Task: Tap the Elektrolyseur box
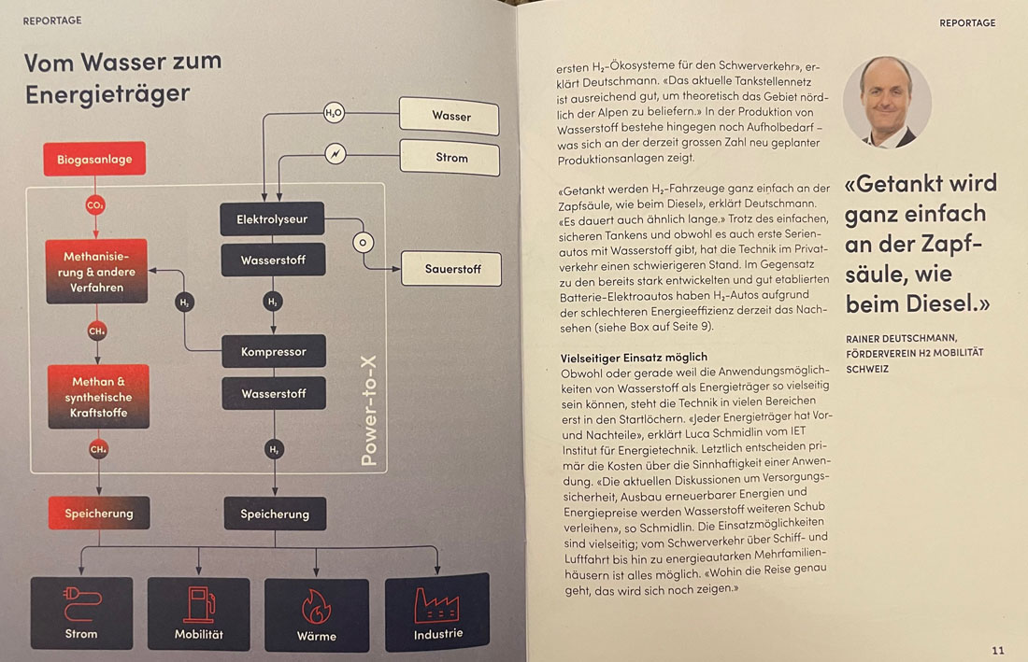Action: click(x=272, y=219)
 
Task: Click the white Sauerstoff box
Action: click(x=451, y=269)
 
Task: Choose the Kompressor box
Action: click(x=273, y=352)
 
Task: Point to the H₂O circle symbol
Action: click(x=334, y=114)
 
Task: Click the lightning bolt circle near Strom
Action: click(x=335, y=153)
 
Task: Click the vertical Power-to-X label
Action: click(x=369, y=411)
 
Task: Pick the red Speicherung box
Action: click(x=99, y=513)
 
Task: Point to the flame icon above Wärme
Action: click(x=316, y=607)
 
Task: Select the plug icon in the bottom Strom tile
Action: click(x=80, y=603)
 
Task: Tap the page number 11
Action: click(x=997, y=650)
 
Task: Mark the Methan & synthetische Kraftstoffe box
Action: click(x=99, y=397)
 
